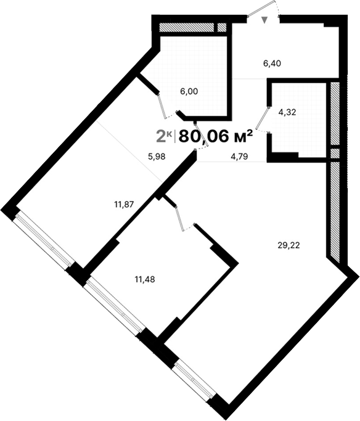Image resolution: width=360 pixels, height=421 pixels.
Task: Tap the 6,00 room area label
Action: [x=189, y=91]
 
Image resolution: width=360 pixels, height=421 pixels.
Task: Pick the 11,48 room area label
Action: [x=144, y=279]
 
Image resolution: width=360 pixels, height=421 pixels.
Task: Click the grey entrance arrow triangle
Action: [x=265, y=21]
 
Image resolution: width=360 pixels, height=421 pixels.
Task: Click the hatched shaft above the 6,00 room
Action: [x=188, y=27]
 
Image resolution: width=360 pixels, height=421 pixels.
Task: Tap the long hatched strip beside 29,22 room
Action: [x=335, y=210]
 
